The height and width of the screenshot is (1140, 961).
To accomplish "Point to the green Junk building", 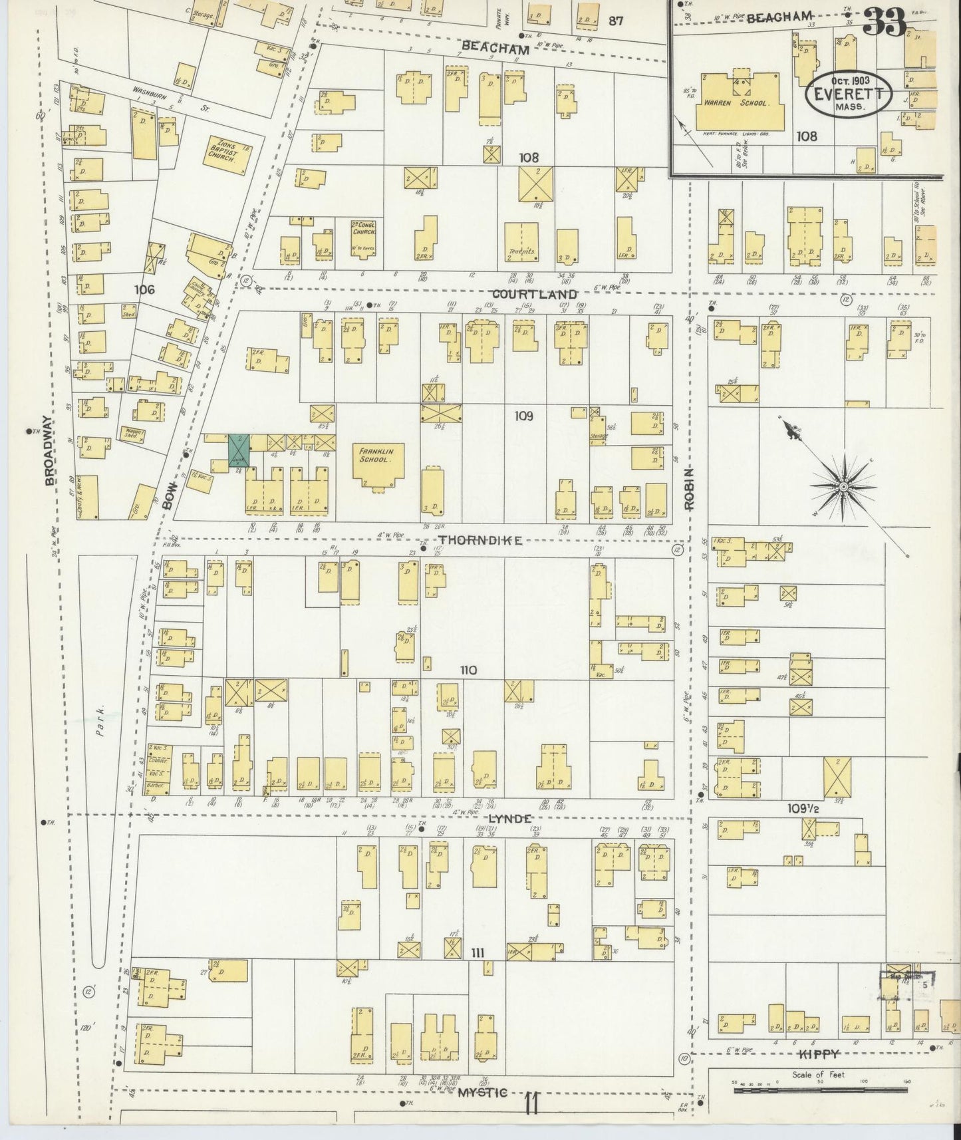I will (238, 450).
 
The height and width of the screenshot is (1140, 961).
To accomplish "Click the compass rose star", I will (843, 487).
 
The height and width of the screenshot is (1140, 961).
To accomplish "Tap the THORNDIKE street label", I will (478, 541).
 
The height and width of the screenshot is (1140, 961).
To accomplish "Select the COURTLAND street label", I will (534, 293).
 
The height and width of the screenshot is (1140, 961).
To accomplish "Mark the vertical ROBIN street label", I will (690, 488).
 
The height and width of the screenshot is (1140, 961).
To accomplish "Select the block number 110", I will (468, 670).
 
